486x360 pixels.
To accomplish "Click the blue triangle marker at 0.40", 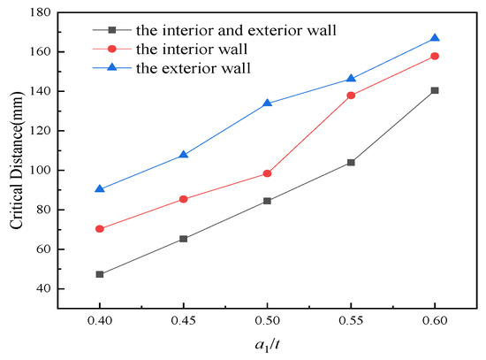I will (100, 188).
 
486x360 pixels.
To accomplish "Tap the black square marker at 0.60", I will (435, 90).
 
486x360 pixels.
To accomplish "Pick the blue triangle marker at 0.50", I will (268, 103).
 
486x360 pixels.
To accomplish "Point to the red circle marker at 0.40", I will (100, 229).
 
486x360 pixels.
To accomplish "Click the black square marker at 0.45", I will (184, 239).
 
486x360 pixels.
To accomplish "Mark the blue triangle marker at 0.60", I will (435, 38).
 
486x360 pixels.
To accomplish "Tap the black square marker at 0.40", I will (100, 274).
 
